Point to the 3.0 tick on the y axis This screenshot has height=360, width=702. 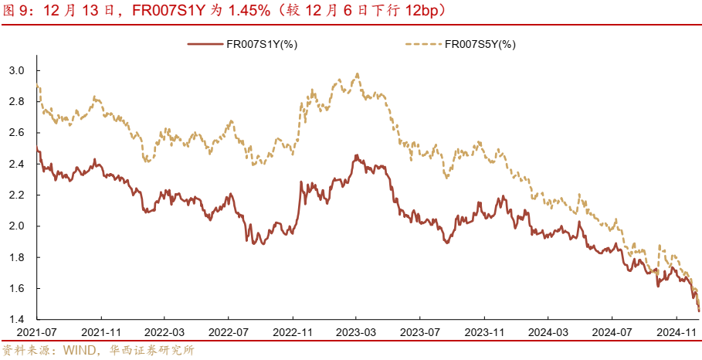[17, 70]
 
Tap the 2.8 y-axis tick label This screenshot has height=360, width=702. [17, 101]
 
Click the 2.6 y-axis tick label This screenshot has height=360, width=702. [17, 133]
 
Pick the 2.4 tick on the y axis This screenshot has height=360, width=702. [17, 164]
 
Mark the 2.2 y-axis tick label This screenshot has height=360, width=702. [17, 195]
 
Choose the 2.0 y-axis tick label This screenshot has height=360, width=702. [17, 226]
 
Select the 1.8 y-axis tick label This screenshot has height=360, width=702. [17, 257]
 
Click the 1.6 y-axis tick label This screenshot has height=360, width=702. [17, 288]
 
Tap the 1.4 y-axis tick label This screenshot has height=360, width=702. [17, 320]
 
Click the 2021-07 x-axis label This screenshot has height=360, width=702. [37, 331]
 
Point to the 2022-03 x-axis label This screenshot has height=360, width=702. [164, 331]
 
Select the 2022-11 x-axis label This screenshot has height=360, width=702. [292, 331]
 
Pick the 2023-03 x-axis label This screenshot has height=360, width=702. [356, 331]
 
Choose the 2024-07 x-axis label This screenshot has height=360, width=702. [611, 331]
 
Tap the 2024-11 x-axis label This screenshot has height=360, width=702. [675, 331]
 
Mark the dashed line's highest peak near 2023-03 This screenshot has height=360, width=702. [357, 74]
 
